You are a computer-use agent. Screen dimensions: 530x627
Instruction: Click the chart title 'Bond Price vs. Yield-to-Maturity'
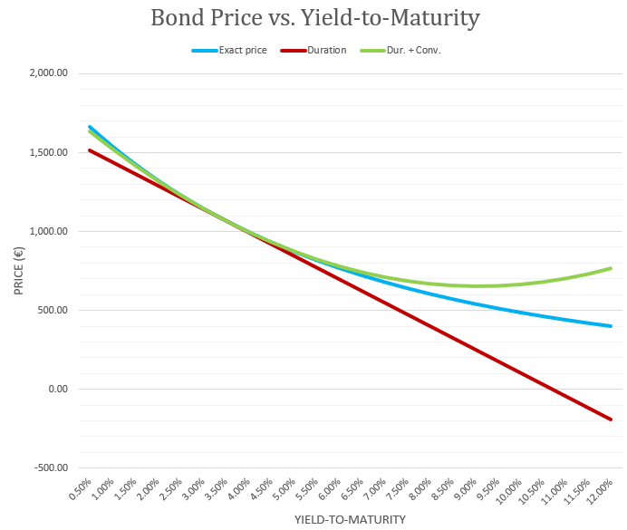(314, 18)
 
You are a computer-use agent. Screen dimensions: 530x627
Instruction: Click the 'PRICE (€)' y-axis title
(18, 271)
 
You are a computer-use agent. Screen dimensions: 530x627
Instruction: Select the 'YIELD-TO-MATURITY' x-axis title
(350, 519)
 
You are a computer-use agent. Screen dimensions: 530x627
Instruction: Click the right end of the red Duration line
(612, 419)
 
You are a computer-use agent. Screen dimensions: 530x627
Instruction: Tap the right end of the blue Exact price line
(612, 326)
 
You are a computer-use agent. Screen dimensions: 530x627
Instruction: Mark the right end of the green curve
(612, 268)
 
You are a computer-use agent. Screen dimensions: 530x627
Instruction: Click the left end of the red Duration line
(89, 150)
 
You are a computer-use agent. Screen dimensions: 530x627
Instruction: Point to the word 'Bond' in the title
(177, 18)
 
